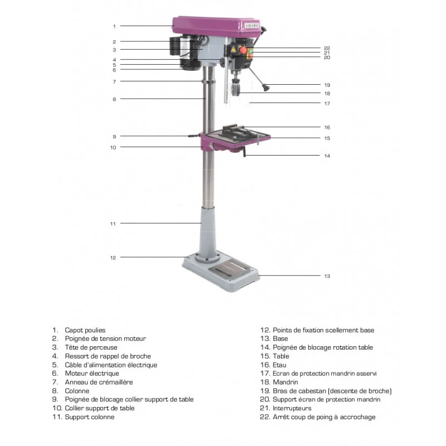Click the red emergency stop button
pos(243,50)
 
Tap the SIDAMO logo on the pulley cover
pos(251,26)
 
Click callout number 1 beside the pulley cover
pos(114,26)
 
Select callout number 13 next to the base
pos(327,276)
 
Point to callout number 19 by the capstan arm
pos(327,85)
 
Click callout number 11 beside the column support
pos(113,224)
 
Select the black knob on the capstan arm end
pos(266,88)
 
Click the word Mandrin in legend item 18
pos(285,382)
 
